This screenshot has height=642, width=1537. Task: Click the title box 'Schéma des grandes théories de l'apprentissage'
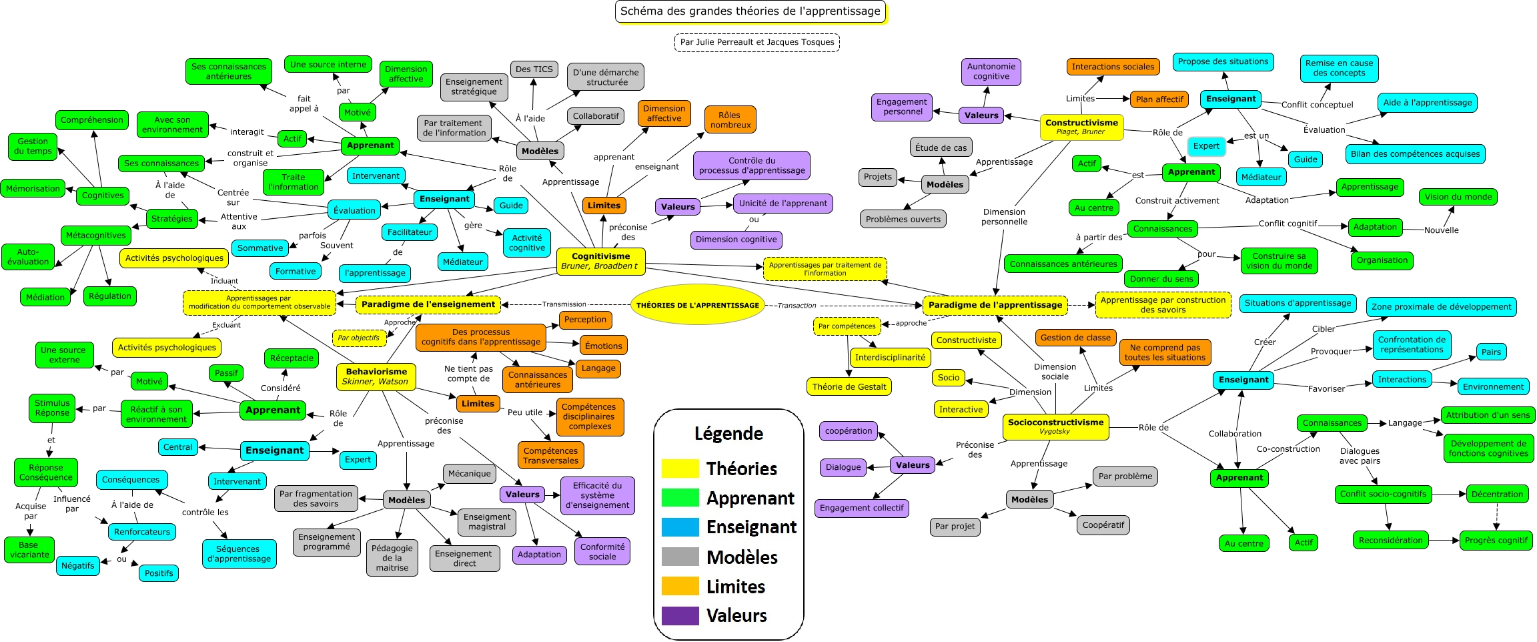pyautogui.click(x=750, y=11)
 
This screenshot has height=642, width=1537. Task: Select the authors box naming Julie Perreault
pyautogui.click(x=756, y=42)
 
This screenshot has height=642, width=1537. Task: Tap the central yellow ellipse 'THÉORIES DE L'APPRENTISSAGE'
pyautogui.click(x=697, y=305)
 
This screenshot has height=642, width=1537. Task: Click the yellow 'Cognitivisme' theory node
pyautogui.click(x=600, y=261)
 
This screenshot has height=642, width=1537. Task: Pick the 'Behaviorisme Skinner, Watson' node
pyautogui.click(x=376, y=376)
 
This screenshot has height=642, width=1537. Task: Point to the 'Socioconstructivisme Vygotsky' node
pyautogui.click(x=1055, y=426)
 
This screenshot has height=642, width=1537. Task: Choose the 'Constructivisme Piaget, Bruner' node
pyautogui.click(x=1081, y=127)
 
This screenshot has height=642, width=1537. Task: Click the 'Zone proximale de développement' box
pyautogui.click(x=1441, y=307)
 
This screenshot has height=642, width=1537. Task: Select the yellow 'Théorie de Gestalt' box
pyautogui.click(x=849, y=386)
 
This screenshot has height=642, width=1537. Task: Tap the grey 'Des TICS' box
pyautogui.click(x=534, y=69)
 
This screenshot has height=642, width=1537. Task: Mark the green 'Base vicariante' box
pyautogui.click(x=29, y=549)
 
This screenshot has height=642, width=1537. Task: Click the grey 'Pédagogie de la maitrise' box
pyautogui.click(x=392, y=558)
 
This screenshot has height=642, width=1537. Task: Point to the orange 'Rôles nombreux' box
pyautogui.click(x=730, y=120)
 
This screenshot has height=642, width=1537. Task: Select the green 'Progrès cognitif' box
pyautogui.click(x=1496, y=541)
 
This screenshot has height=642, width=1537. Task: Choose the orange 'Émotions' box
pyautogui.click(x=603, y=346)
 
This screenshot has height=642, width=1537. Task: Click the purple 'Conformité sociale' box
pyautogui.click(x=602, y=551)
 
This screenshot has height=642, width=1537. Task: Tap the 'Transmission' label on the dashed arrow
pyautogui.click(x=564, y=304)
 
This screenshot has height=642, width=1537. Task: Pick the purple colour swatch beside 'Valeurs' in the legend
pyautogui.click(x=680, y=615)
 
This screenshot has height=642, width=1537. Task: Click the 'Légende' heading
pyautogui.click(x=728, y=434)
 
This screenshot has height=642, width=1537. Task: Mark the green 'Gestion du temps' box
pyautogui.click(x=33, y=146)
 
